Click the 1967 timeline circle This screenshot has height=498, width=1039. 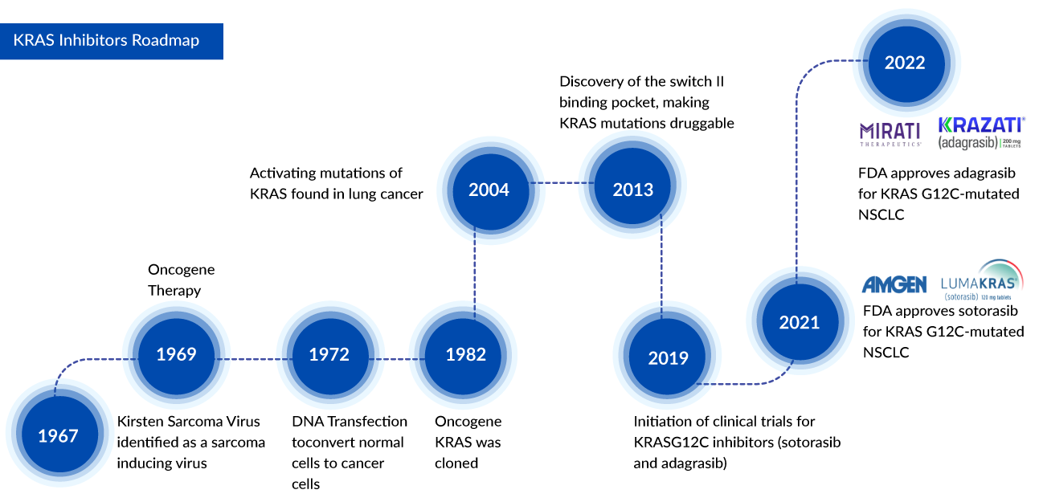pyautogui.click(x=58, y=435)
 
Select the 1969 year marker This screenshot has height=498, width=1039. pyautogui.click(x=176, y=354)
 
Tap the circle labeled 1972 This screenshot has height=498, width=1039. pyautogui.click(x=330, y=354)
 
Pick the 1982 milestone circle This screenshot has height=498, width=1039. pyautogui.click(x=466, y=354)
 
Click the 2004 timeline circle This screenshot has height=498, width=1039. pyautogui.click(x=489, y=190)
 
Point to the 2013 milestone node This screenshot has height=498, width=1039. pyautogui.click(x=633, y=190)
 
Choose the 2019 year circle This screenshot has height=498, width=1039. pyautogui.click(x=669, y=358)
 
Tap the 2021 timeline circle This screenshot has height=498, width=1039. pyautogui.click(x=800, y=322)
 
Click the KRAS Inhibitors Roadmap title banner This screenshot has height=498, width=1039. pyautogui.click(x=112, y=40)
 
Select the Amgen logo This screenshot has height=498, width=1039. pyautogui.click(x=894, y=284)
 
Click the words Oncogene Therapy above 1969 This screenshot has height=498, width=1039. pyautogui.click(x=181, y=280)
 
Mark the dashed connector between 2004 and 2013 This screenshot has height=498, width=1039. pyautogui.click(x=561, y=183)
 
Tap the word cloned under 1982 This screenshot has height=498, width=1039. pyautogui.click(x=456, y=463)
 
